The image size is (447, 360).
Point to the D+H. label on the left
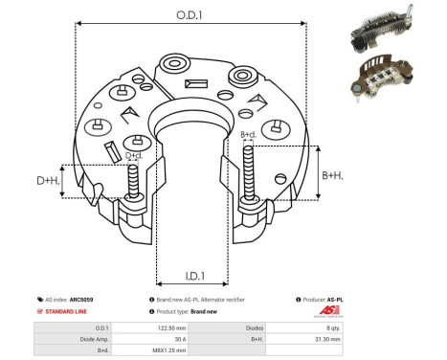tap(50, 180)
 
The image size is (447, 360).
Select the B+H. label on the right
tap(332, 175)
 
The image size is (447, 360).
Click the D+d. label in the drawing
tap(134, 155)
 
